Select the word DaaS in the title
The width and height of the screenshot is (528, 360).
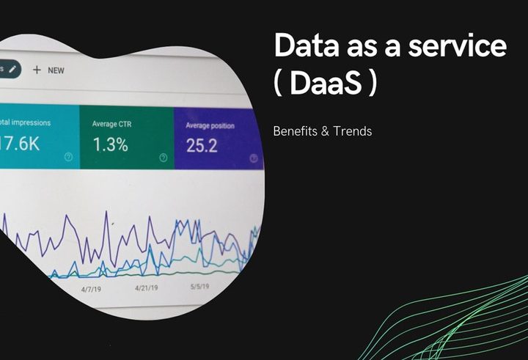(x=334, y=83)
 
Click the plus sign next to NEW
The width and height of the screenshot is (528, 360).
(x=36, y=70)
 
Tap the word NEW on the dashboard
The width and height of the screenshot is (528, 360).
(x=56, y=70)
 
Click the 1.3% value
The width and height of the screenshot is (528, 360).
(x=110, y=144)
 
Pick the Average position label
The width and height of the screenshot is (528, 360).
(x=205, y=125)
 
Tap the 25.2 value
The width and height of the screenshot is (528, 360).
(x=202, y=145)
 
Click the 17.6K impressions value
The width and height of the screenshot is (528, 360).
(x=20, y=144)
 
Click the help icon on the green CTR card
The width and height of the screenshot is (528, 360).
(x=163, y=157)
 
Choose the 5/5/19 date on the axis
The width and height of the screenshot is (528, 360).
(x=200, y=287)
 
